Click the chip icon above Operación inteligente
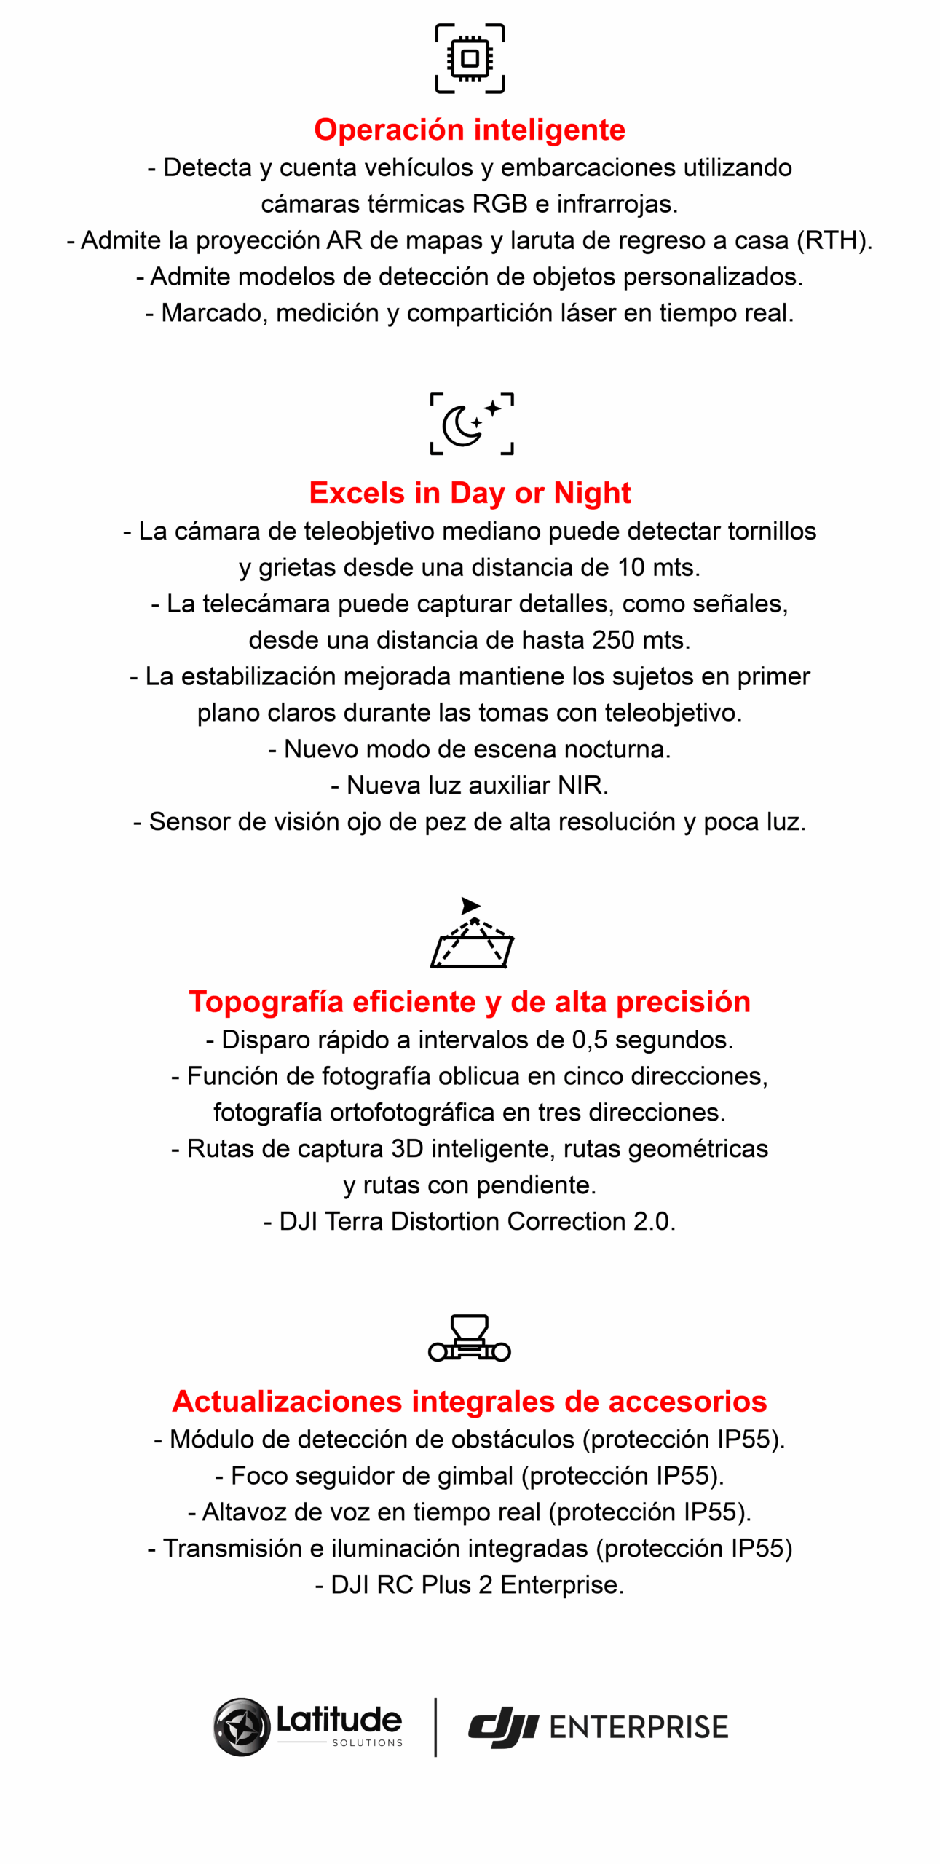coord(470,58)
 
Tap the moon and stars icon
coord(471,424)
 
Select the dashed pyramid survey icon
coord(472,934)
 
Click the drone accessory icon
coord(470,1338)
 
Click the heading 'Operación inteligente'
coord(470,130)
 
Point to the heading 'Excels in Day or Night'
coord(470,493)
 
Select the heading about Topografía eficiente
coord(470,1002)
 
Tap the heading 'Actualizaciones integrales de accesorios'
coord(470,1402)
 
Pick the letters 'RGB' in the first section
coord(499,204)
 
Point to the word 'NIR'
coord(580,786)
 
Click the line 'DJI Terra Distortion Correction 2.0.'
coord(470,1221)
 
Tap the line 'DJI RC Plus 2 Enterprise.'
coord(470,1584)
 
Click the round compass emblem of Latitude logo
coord(241,1727)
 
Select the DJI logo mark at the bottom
coord(502,1727)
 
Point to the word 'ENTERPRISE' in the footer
coord(639,1728)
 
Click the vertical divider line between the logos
coord(435,1727)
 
